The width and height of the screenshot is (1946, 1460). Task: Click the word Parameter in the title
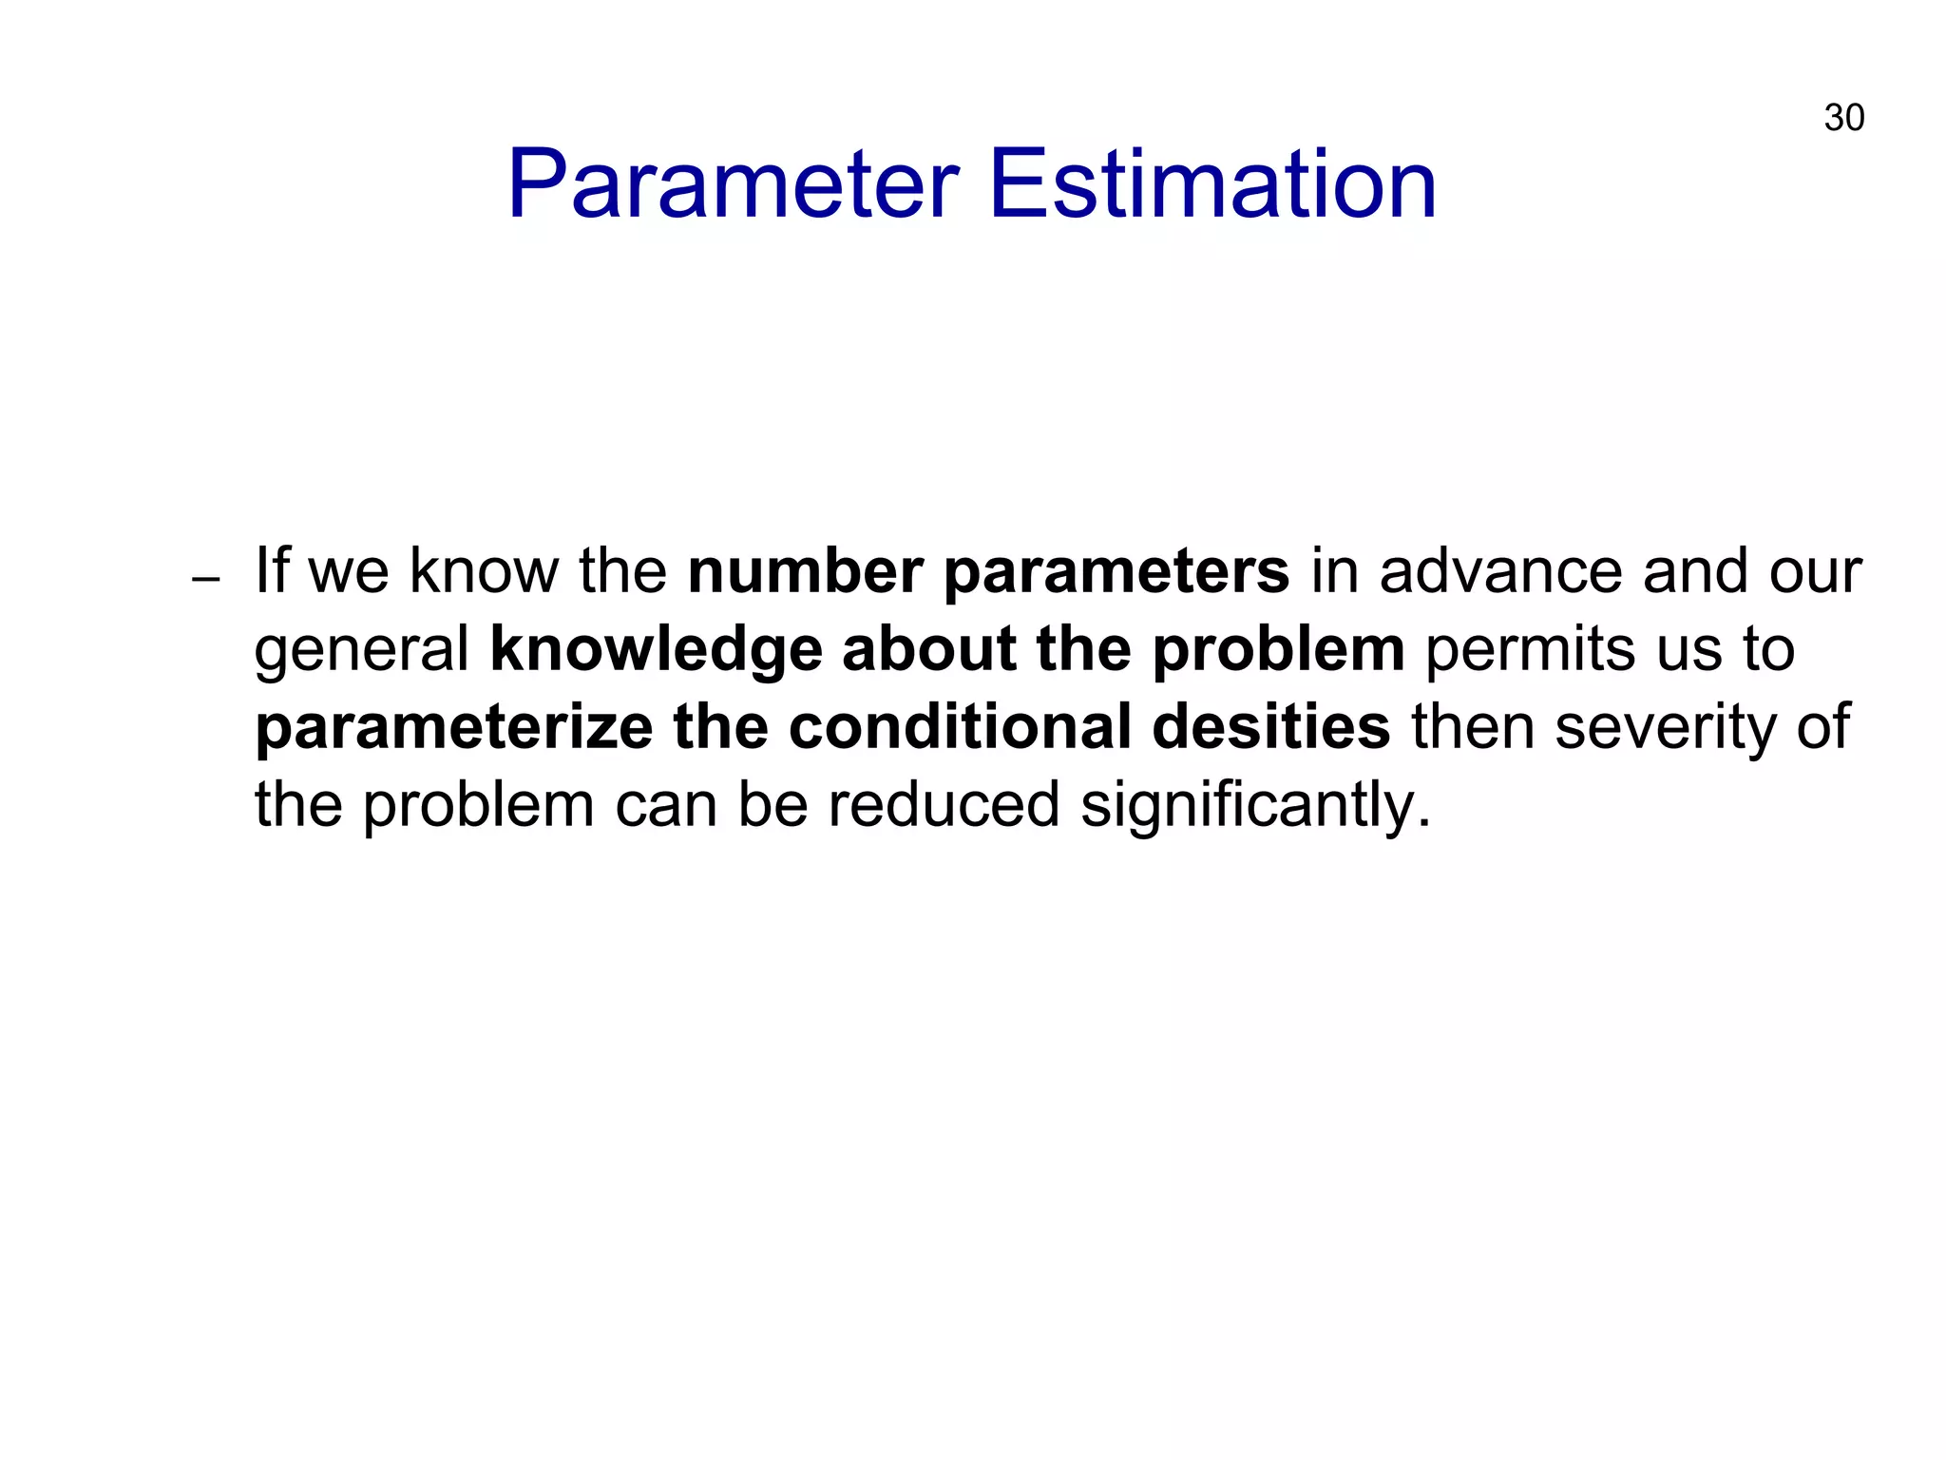coord(733,184)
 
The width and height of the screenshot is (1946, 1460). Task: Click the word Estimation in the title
coord(1212,184)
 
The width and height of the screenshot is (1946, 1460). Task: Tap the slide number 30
coord(1843,119)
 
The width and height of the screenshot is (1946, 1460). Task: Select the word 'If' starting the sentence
coord(274,571)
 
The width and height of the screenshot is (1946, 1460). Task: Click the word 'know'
coord(484,571)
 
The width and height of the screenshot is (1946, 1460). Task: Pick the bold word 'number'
coord(806,571)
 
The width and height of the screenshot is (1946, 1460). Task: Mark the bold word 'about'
coord(928,649)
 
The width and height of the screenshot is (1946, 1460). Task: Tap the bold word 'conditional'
coord(960,727)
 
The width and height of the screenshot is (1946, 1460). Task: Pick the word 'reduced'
coord(944,805)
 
